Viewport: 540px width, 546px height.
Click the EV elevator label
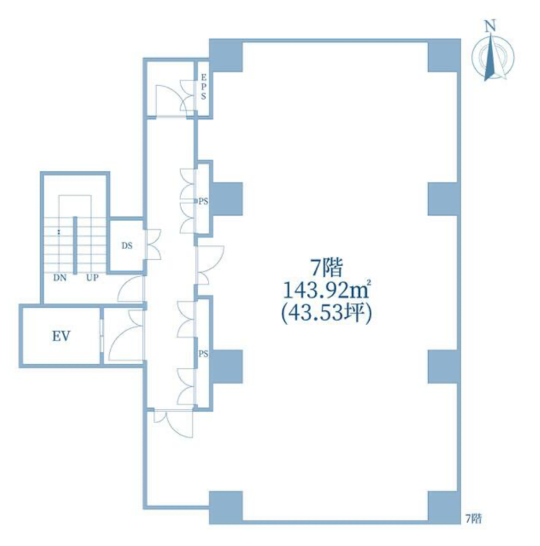(x=62, y=336)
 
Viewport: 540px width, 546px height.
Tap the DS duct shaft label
(x=127, y=246)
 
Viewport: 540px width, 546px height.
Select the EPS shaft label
(x=204, y=87)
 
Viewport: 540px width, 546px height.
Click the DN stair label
(x=59, y=278)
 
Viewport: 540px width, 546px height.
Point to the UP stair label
(x=92, y=278)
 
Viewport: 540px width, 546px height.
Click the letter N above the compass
(x=491, y=25)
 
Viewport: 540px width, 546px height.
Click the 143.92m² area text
(x=327, y=291)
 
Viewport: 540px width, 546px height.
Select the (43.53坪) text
(x=327, y=314)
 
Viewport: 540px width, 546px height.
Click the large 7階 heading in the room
(x=327, y=268)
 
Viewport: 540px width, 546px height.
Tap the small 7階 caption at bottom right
(x=474, y=519)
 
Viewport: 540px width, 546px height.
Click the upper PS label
(x=204, y=201)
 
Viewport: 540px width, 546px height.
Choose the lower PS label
(x=204, y=354)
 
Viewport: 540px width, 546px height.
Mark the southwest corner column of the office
(x=226, y=508)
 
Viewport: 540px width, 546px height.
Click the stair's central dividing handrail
(x=75, y=246)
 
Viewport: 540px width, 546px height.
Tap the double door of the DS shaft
(x=153, y=244)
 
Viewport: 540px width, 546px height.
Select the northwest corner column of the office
(x=226, y=55)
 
